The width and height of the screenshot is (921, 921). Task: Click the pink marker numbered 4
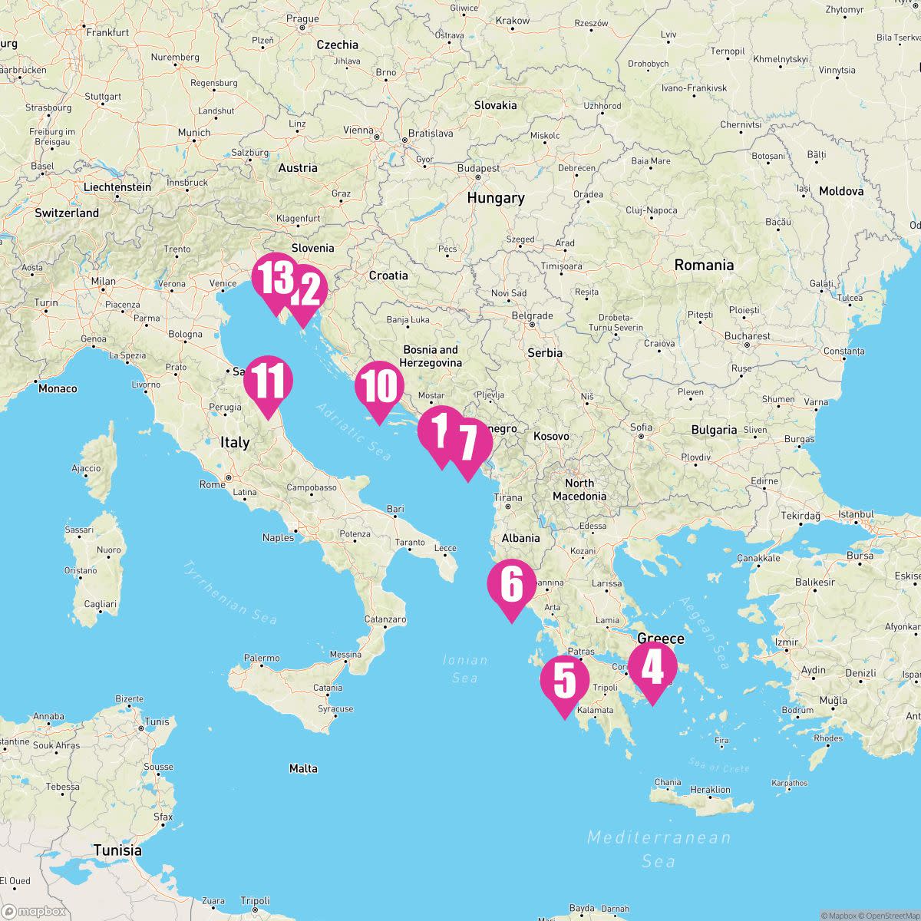pyautogui.click(x=652, y=668)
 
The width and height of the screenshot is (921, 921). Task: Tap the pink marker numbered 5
pyautogui.click(x=564, y=681)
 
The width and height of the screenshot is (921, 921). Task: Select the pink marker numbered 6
pyautogui.click(x=511, y=585)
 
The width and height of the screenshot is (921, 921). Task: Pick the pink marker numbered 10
pyautogui.click(x=378, y=386)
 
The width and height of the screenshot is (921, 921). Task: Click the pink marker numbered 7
pyautogui.click(x=468, y=444)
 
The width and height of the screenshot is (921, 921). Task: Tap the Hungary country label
pyautogui.click(x=496, y=198)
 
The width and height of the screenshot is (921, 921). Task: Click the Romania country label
pyautogui.click(x=704, y=265)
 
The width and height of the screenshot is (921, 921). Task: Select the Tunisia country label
pyautogui.click(x=117, y=850)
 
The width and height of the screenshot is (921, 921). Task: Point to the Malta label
pyautogui.click(x=303, y=768)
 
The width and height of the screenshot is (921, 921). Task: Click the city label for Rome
pyautogui.click(x=213, y=484)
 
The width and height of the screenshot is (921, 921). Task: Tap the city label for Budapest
pyautogui.click(x=478, y=168)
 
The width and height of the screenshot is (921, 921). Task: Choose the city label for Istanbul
pyautogui.click(x=834, y=514)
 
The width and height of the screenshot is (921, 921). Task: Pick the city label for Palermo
pyautogui.click(x=262, y=658)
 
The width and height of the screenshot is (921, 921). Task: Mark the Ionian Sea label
pyautogui.click(x=465, y=668)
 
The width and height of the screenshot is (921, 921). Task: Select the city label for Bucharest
pyautogui.click(x=747, y=336)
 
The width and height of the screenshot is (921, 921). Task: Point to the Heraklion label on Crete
pyautogui.click(x=710, y=789)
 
